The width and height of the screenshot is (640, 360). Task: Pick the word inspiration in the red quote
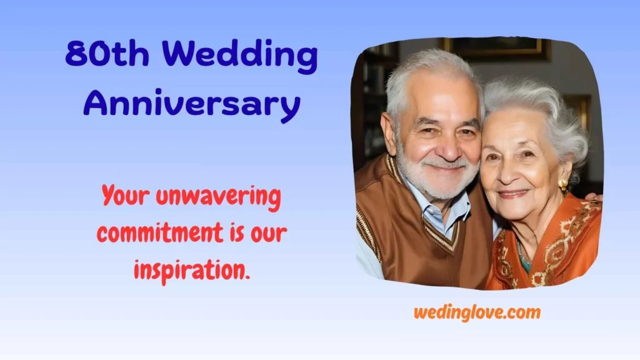191,269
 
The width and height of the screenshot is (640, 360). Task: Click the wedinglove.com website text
477,312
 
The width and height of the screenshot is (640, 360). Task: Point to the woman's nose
507,174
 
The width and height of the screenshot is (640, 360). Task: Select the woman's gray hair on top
531,100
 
